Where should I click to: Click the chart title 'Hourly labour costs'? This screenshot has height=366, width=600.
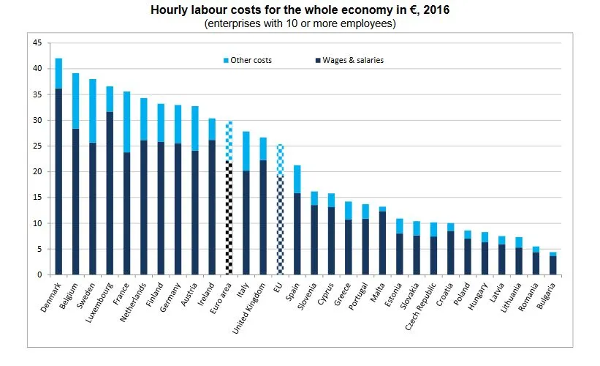point(300,11)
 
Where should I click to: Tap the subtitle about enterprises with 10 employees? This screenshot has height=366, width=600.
point(300,23)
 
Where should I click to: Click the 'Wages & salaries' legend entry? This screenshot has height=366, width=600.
point(352,60)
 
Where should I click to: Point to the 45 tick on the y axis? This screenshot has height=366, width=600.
point(37,43)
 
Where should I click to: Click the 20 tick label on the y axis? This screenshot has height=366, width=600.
point(37,172)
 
